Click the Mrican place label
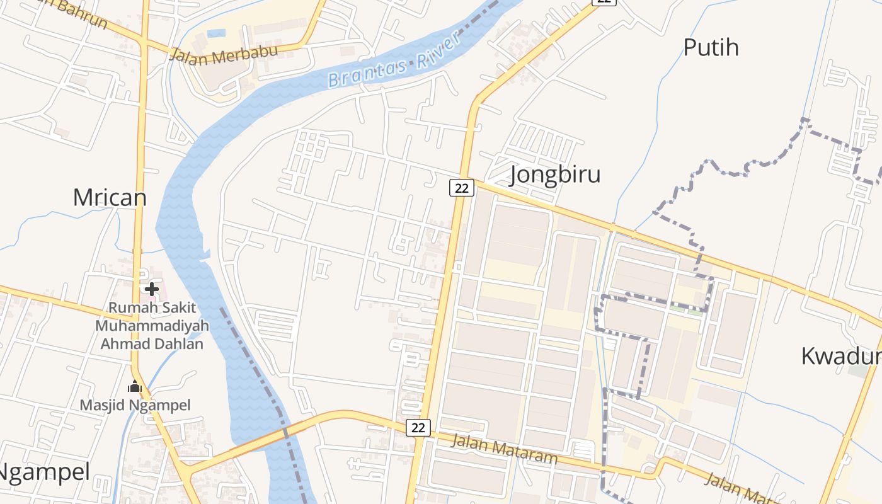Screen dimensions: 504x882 pos(110,198)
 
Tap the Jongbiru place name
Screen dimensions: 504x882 pos(554,175)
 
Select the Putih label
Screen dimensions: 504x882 pos(711,47)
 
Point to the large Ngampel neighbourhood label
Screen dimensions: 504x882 pos(44,471)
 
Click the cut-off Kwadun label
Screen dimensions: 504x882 pos(841,356)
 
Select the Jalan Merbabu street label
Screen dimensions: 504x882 pos(223,54)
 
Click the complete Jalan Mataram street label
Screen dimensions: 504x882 pos(504,449)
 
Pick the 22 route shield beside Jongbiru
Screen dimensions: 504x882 pos(461,187)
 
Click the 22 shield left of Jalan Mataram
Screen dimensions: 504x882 pos(418,428)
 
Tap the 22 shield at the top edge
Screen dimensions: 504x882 pos(604,2)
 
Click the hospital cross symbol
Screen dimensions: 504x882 pos(151,289)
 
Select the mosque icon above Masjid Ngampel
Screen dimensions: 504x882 pos(134,387)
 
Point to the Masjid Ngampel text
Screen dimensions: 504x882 pos(135,405)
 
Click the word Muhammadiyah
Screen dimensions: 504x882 pos(152,326)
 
